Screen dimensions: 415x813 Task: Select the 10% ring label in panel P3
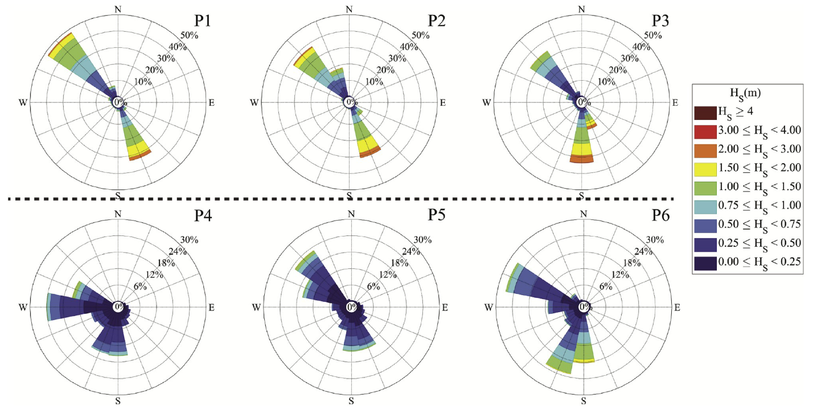click(x=606, y=81)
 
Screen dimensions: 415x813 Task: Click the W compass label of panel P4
click(x=23, y=308)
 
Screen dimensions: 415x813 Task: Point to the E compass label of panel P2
click(x=442, y=103)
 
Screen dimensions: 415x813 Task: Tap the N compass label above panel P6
click(x=582, y=214)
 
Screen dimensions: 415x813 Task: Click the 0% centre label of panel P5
click(x=352, y=307)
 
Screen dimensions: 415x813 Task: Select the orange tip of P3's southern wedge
click(x=582, y=160)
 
